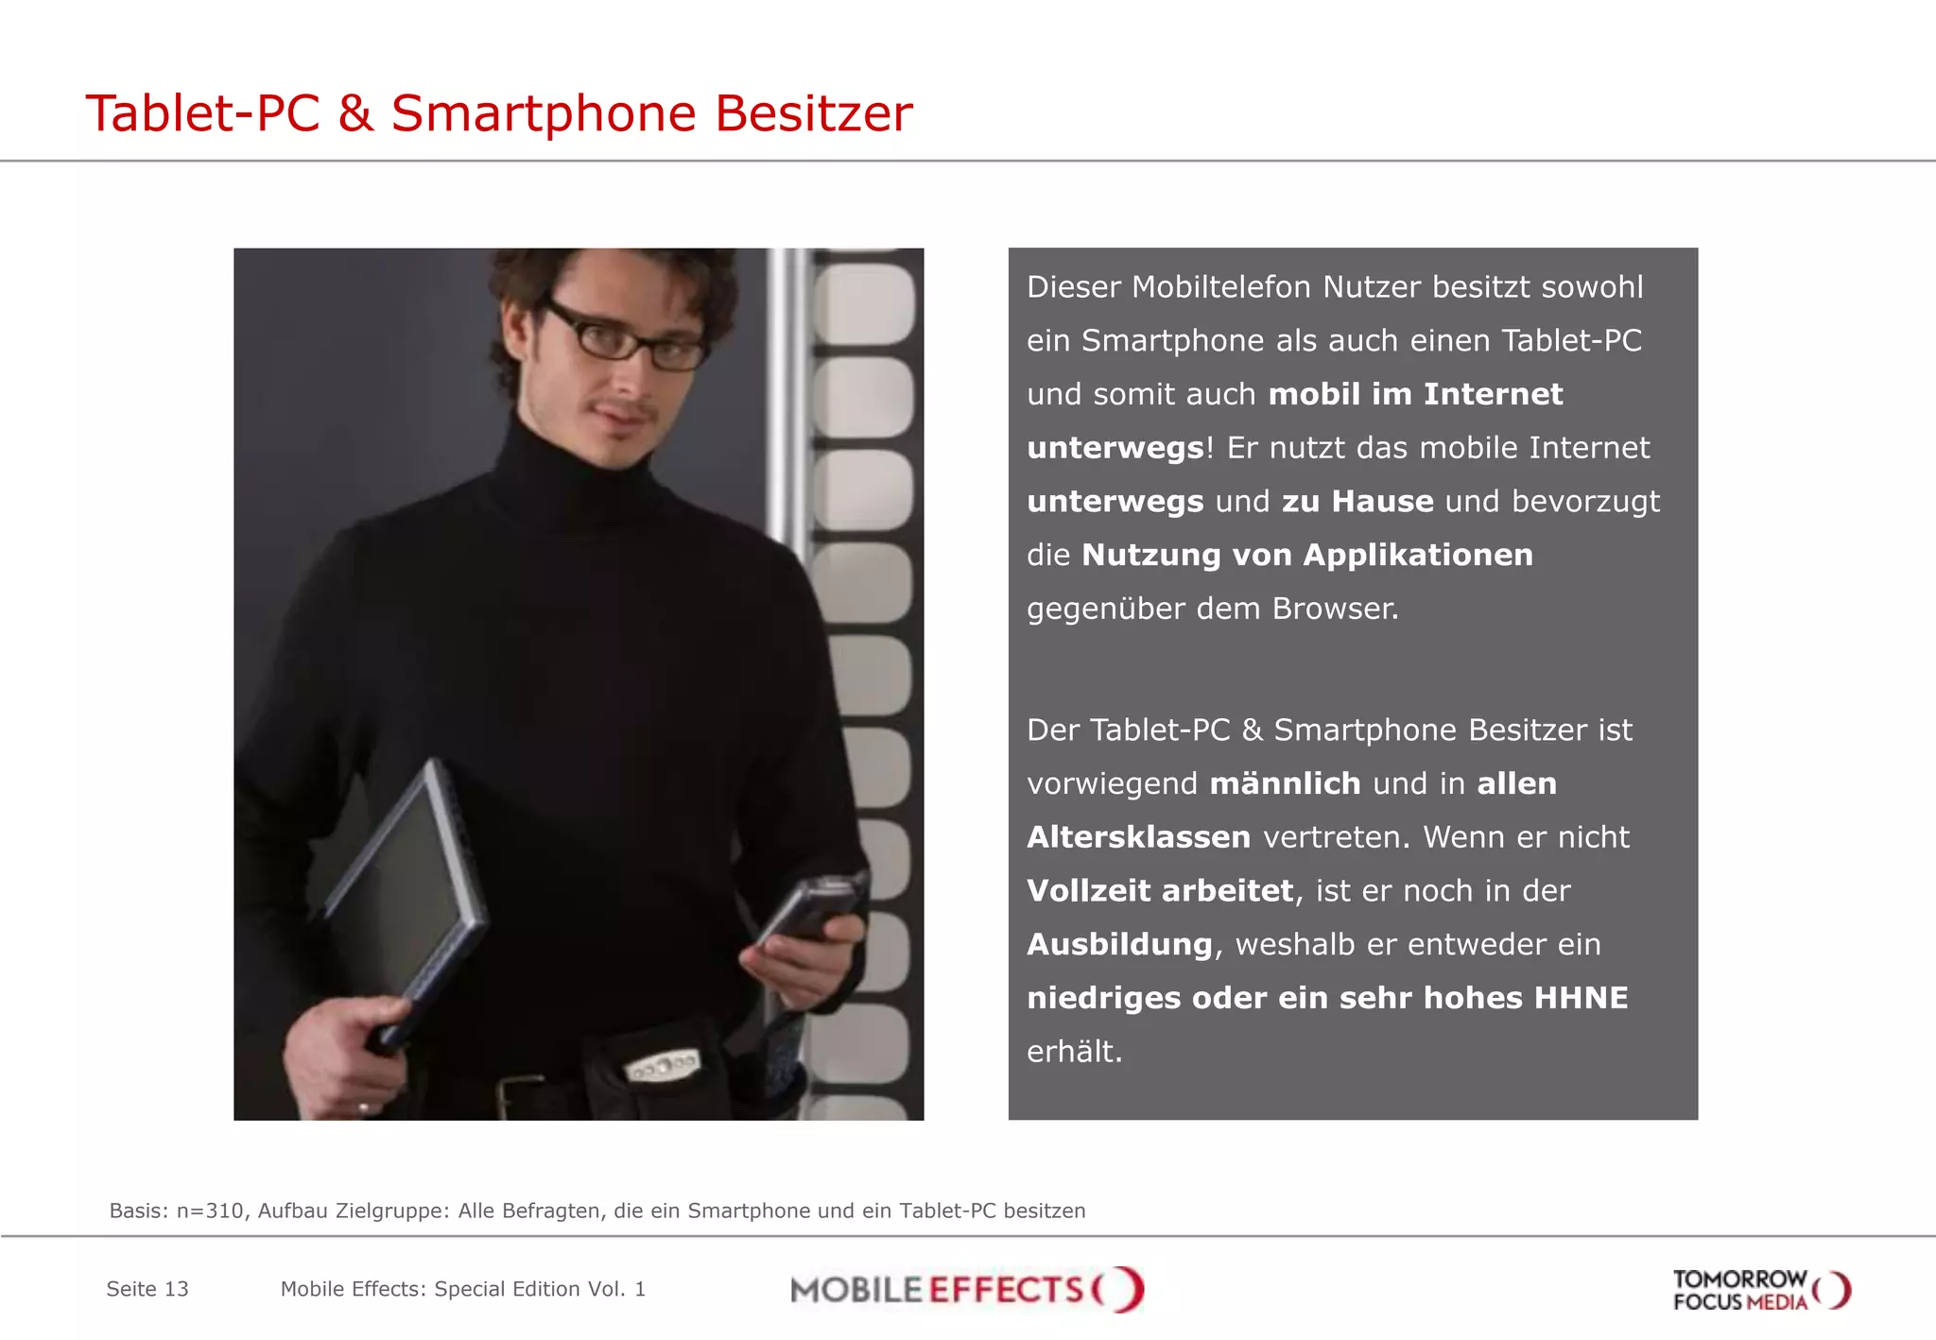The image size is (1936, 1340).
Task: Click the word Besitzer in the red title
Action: pyautogui.click(x=813, y=113)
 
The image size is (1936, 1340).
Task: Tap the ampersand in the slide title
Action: pyautogui.click(x=355, y=113)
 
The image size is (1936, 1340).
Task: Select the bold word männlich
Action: pyautogui.click(x=1285, y=783)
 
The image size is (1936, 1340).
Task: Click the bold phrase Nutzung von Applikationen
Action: pyautogui.click(x=1306, y=555)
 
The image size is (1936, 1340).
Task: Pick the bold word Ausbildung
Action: pyautogui.click(x=1119, y=944)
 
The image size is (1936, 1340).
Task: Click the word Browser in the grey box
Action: pyautogui.click(x=1335, y=609)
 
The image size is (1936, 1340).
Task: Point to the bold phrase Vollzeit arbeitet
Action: pyautogui.click(x=1160, y=890)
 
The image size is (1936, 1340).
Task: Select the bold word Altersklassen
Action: pyautogui.click(x=1138, y=837)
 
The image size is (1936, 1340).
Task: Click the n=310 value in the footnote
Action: pyautogui.click(x=210, y=1211)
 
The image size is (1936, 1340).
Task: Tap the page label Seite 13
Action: pyautogui.click(x=147, y=1289)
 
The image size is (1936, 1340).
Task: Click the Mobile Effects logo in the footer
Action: pyautogui.click(x=966, y=1289)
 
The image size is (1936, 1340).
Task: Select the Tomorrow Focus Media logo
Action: pyautogui.click(x=1760, y=1290)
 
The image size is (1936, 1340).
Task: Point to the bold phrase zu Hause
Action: pyautogui.click(x=1357, y=501)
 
